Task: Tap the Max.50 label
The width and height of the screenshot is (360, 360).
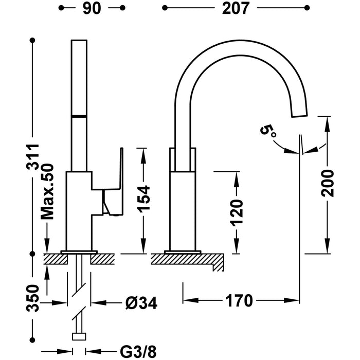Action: click(x=47, y=191)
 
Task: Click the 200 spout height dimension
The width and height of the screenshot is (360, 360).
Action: click(x=328, y=183)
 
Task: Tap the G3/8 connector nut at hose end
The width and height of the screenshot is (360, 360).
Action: click(x=79, y=337)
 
